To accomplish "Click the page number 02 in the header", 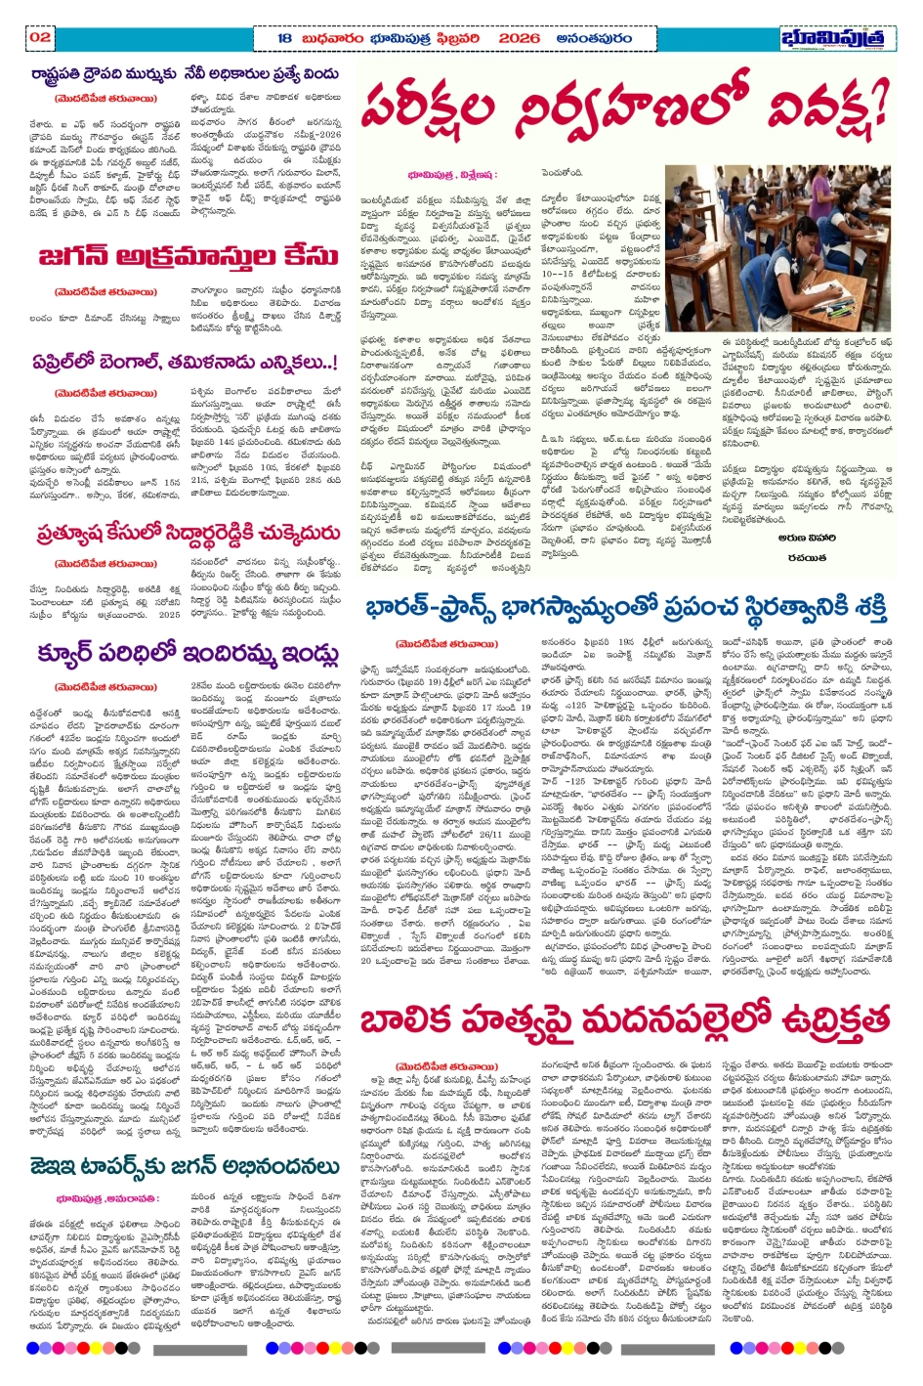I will pos(40,37).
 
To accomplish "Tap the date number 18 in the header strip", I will pos(284,38).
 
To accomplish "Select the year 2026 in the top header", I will pos(518,38).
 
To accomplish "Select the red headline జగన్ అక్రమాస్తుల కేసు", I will pos(189,257).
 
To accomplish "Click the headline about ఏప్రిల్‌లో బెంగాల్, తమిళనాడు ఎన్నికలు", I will pos(185,362).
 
